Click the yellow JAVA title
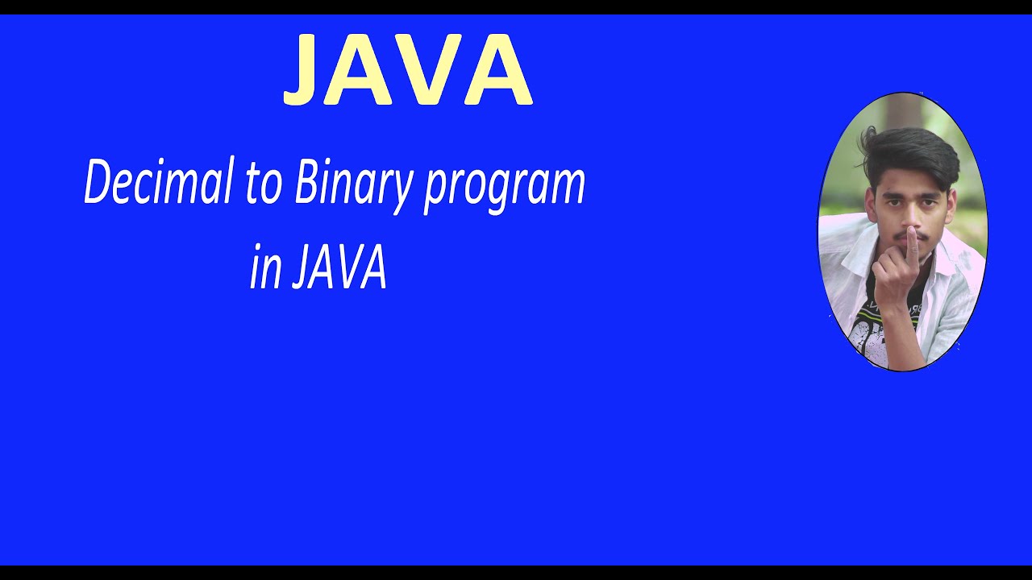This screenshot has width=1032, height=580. click(x=407, y=71)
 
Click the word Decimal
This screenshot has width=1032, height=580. click(x=152, y=183)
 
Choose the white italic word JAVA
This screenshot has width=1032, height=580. click(x=339, y=268)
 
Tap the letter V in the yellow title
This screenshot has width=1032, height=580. click(x=427, y=71)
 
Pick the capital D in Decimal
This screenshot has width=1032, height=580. click(x=98, y=183)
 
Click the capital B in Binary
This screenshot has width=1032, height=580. click(x=306, y=183)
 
